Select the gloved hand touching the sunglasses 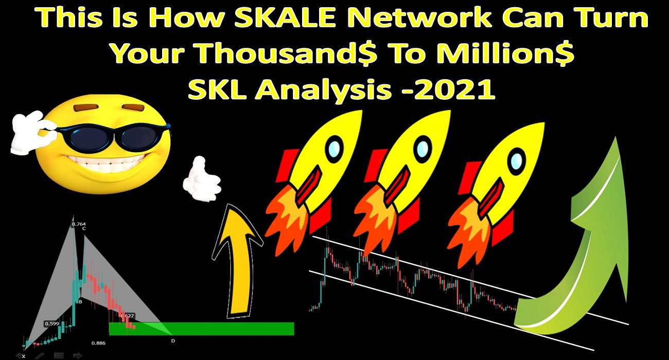[x=32, y=132]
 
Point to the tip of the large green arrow [x=615, y=137]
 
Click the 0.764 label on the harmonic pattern [x=79, y=224]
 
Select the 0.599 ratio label [x=52, y=323]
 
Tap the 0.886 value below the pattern [x=99, y=343]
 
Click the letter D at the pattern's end [x=173, y=341]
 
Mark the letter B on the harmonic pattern [x=80, y=302]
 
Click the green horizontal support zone [x=202, y=329]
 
